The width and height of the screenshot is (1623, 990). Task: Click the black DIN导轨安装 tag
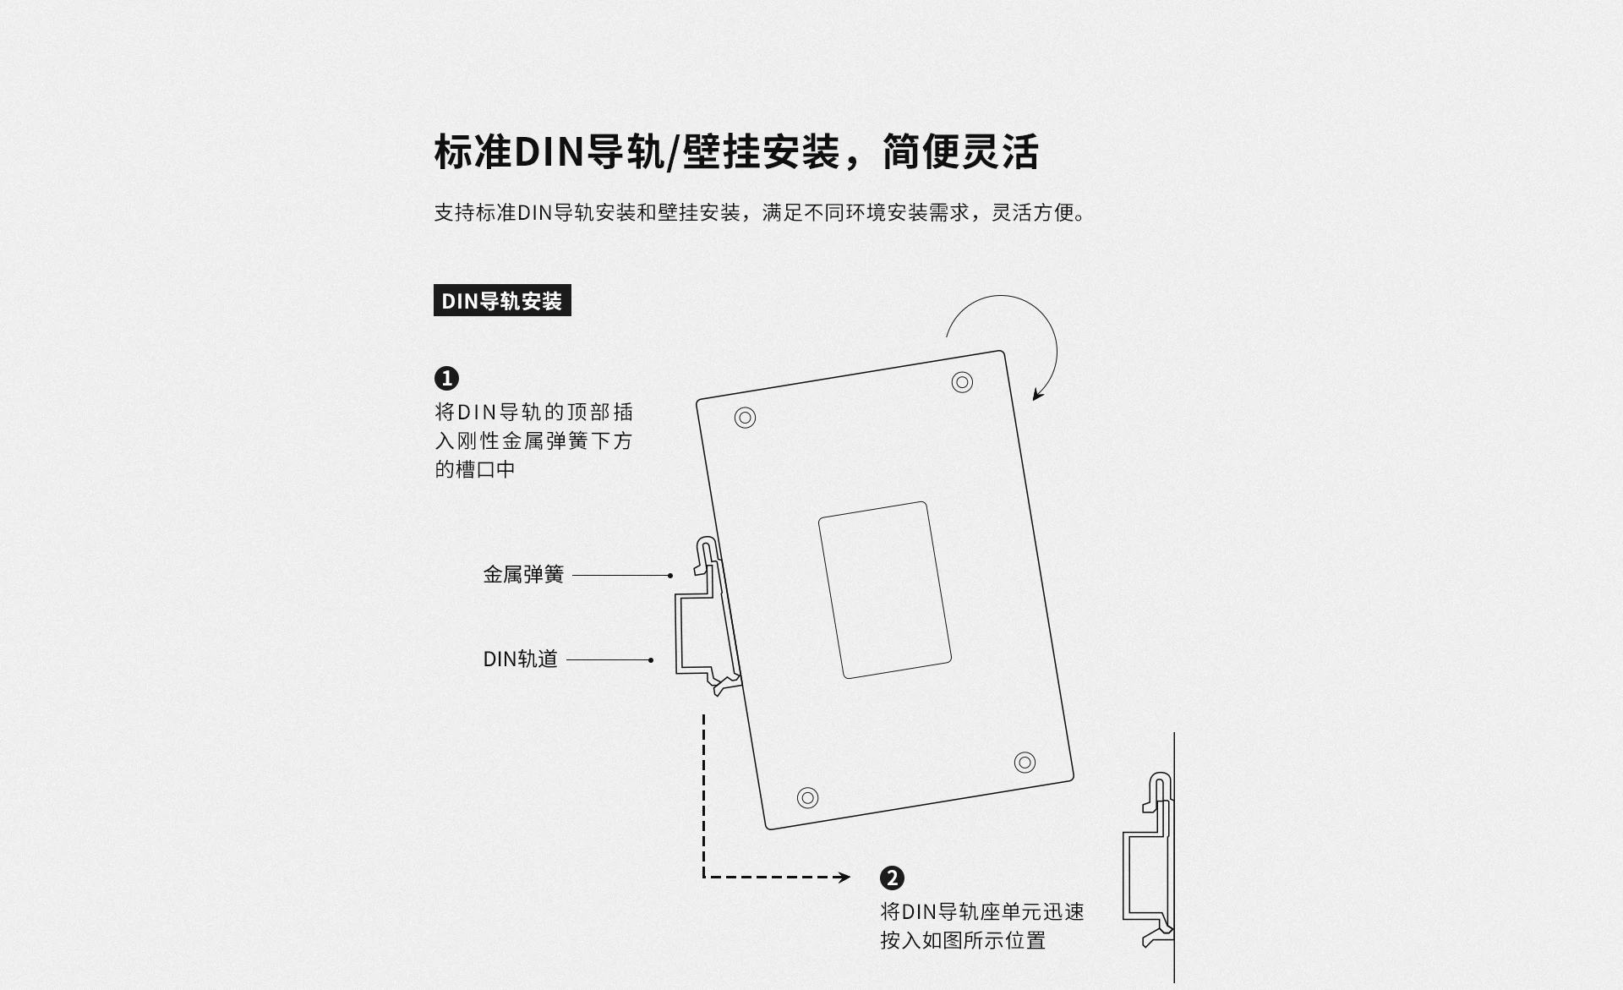pos(502,301)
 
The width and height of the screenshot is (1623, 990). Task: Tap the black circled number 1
pos(446,378)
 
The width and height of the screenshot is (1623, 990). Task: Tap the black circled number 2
pos(892,878)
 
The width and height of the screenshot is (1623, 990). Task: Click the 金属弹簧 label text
pos(523,575)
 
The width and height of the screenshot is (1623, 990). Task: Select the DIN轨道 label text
pos(520,659)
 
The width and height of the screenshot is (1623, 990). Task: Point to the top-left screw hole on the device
pos(745,418)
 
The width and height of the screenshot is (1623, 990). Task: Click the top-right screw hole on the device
pos(962,382)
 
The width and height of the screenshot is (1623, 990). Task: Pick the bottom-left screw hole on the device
pos(807,797)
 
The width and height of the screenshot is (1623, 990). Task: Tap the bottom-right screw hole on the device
pos(1025,763)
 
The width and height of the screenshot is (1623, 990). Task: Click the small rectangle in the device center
pos(884,589)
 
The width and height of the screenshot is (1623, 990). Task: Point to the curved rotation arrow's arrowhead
pos(1037,395)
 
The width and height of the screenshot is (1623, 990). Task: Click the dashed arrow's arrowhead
pos(844,878)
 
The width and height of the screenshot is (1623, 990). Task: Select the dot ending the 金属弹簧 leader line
pos(670,576)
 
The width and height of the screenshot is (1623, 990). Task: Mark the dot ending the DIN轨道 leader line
pos(651,660)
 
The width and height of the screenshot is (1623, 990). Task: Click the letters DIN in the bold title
pos(549,152)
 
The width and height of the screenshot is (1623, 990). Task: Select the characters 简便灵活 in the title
pos(960,152)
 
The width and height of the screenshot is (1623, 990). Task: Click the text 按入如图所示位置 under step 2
pos(963,940)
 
